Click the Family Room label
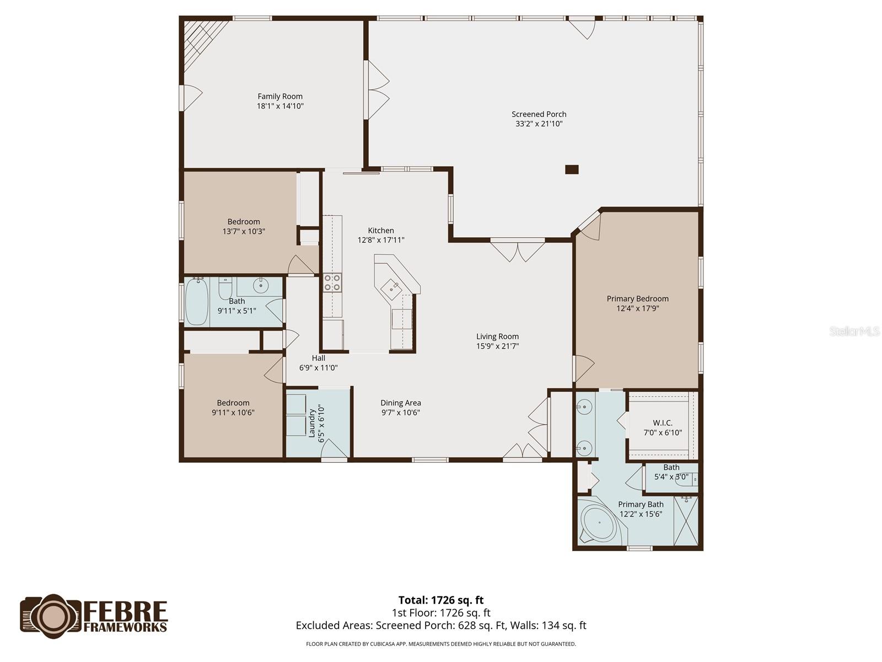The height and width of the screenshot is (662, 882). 280,97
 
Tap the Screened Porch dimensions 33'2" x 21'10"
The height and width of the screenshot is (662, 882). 539,124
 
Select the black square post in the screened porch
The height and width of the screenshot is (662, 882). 572,169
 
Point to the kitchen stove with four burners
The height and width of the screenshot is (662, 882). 332,282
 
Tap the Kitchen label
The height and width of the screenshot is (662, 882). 381,231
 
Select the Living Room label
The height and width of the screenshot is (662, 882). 497,337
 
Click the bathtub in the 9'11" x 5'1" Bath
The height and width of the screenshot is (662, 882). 196,302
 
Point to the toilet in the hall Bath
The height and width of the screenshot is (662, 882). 225,289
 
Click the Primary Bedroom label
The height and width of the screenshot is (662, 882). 637,299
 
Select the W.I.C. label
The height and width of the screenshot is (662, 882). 663,423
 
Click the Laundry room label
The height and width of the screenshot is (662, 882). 312,423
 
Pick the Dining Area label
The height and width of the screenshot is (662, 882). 400,403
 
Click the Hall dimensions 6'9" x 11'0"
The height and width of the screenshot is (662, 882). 318,368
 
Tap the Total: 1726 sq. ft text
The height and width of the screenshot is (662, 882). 440,600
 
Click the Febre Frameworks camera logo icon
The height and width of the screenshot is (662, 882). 51,613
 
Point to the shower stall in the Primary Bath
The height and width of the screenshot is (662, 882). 686,521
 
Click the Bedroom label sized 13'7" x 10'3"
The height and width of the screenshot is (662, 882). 244,222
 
